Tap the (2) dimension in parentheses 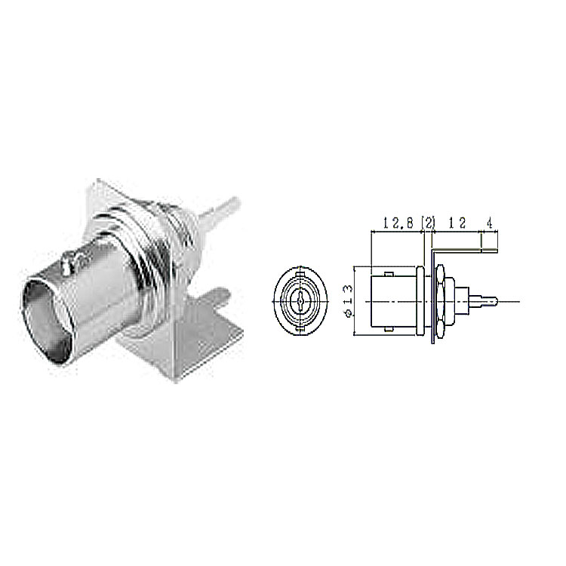tap(429, 223)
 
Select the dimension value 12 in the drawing tap(457, 223)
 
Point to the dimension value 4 tap(489, 223)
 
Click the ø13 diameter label tap(348, 300)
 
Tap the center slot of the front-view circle tap(300, 300)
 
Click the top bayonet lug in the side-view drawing tap(389, 275)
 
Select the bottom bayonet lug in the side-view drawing tap(389, 329)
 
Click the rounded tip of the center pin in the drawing tap(494, 300)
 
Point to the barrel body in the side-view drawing tap(394, 301)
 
